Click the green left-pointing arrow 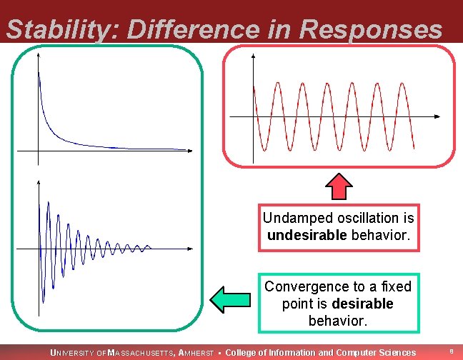click(x=227, y=299)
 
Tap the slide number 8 click(x=451, y=352)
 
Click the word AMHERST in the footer click(x=198, y=353)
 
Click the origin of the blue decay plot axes click(x=38, y=151)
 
